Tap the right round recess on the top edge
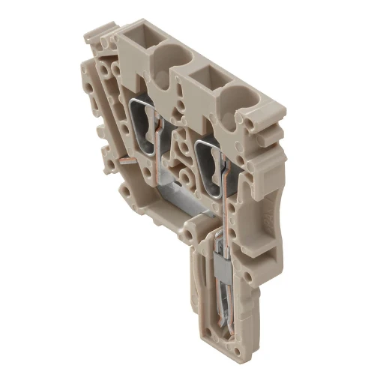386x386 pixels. coord(241,97)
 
